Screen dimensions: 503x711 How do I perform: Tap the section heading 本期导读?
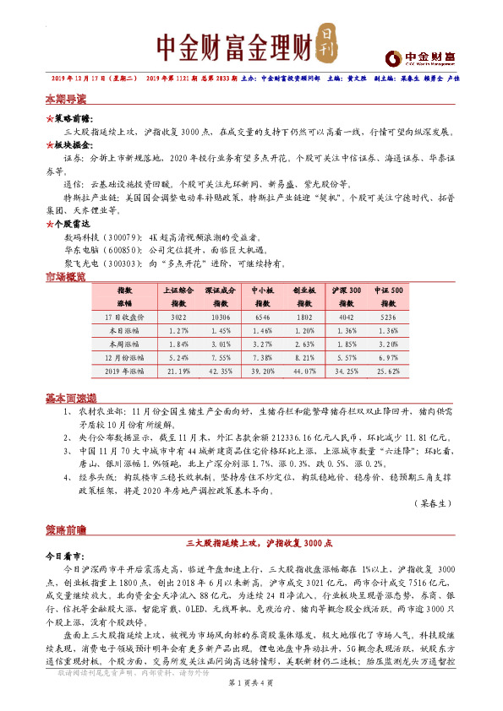[66, 99]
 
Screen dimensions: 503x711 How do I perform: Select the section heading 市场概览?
[66, 277]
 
